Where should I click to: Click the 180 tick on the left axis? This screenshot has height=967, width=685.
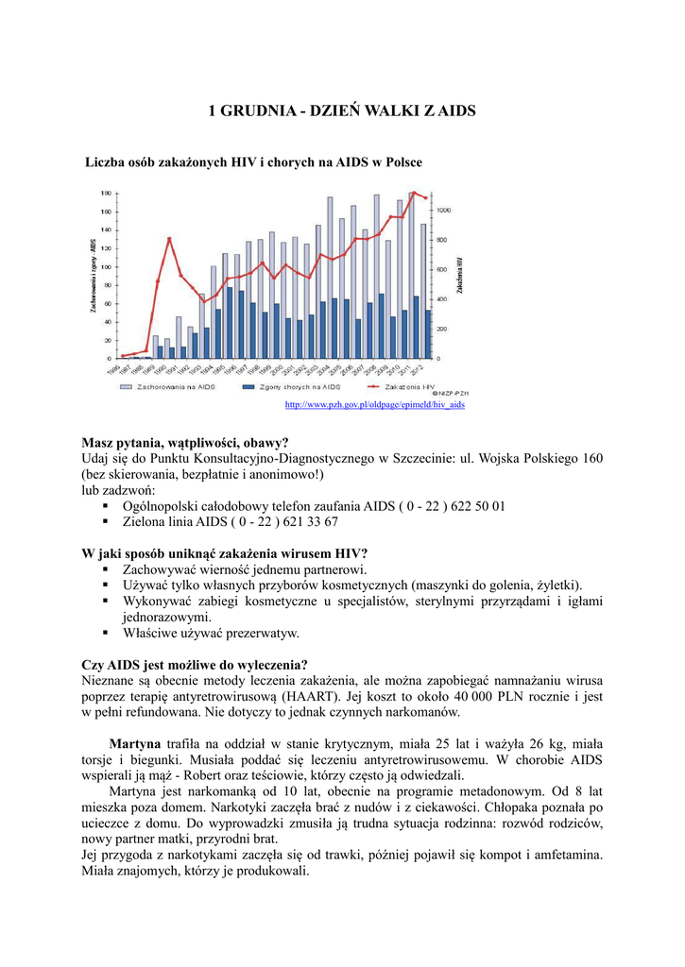pos(106,193)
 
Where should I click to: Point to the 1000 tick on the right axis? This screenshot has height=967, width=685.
pos(443,210)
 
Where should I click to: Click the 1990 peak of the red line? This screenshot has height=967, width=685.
pos(169,239)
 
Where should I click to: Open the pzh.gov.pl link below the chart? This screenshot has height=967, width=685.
pos(375,405)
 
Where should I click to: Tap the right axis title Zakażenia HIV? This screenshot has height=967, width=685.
pos(459,274)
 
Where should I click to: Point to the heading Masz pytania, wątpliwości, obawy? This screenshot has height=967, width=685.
pos(185,442)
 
